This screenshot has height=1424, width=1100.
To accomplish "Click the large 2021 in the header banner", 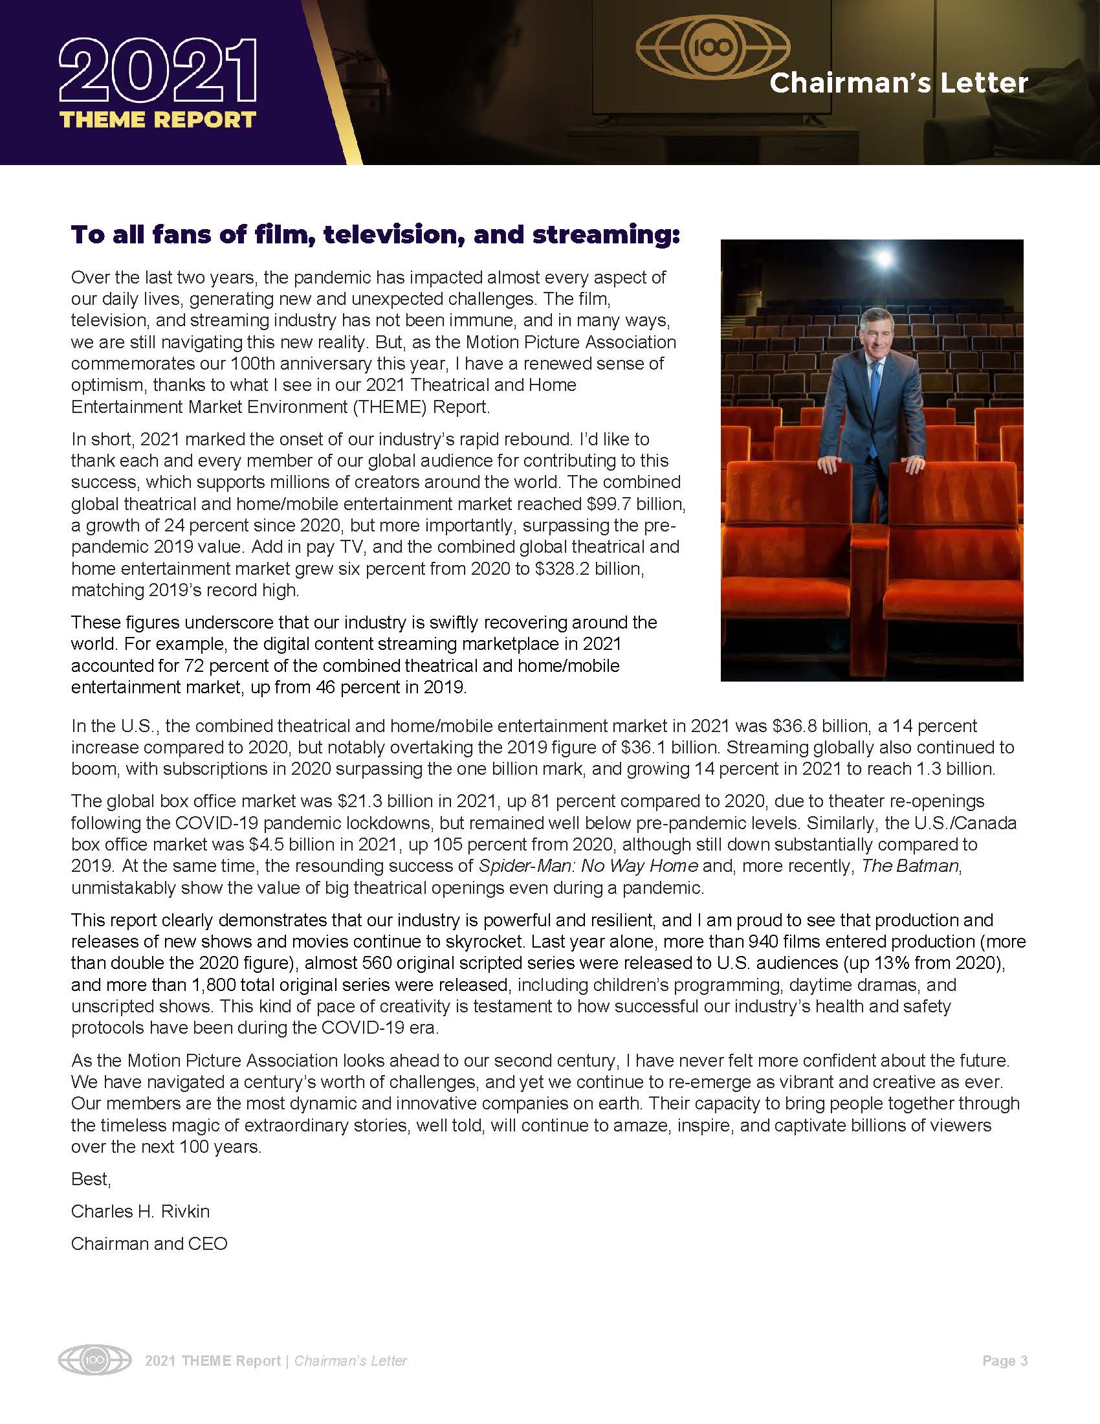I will pyautogui.click(x=158, y=72).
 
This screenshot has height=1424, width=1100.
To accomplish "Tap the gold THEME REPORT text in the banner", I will pyautogui.click(x=158, y=120).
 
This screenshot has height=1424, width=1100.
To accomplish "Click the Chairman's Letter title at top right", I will pyautogui.click(x=899, y=83).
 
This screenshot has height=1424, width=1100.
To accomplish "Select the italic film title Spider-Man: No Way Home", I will pyautogui.click(x=588, y=866).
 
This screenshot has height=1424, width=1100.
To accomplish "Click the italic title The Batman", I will pyautogui.click(x=910, y=866).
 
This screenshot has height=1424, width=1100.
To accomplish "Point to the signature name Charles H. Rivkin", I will pyautogui.click(x=140, y=1212).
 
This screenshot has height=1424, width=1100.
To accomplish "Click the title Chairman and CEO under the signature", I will pyautogui.click(x=149, y=1244).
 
